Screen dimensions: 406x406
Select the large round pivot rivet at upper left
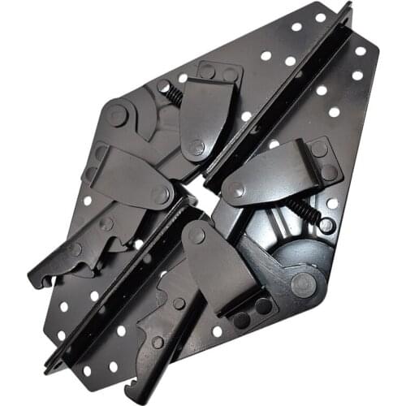tap(118, 114)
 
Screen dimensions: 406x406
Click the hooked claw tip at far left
tap(35, 280)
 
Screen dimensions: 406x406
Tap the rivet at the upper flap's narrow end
tap(197, 148)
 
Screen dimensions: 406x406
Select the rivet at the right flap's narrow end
tap(236, 189)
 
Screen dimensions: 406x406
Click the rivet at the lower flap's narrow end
tap(197, 236)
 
